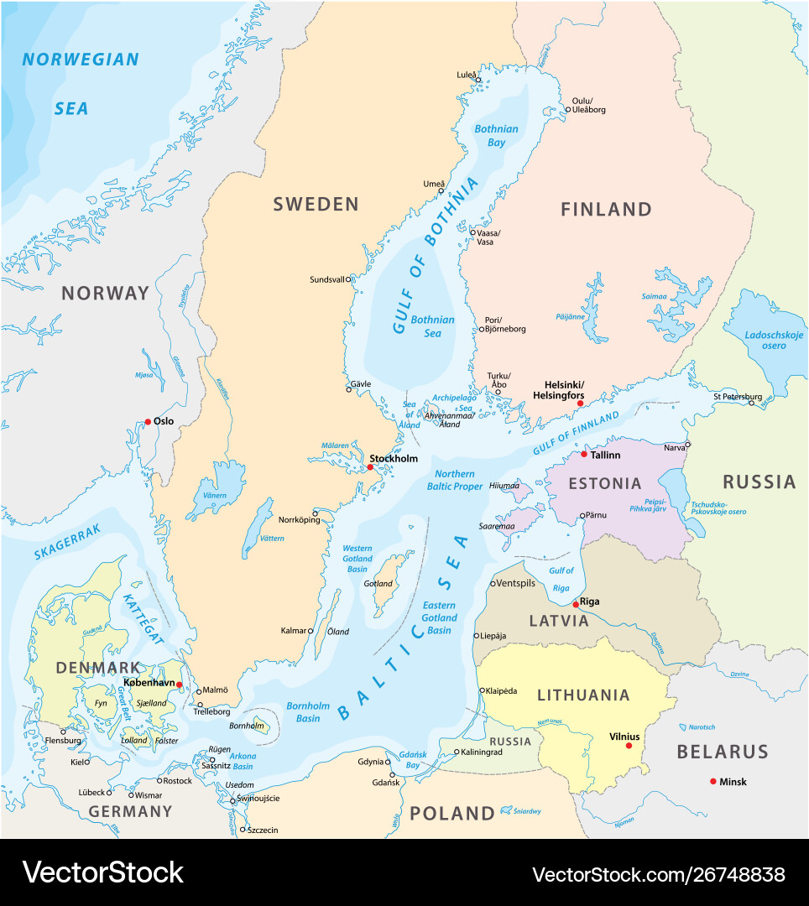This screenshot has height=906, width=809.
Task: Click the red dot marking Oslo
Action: point(148,422)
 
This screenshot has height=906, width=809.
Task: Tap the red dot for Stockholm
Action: point(369,467)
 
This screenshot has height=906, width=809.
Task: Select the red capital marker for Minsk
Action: point(713,782)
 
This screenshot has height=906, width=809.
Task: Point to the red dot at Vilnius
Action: point(629,746)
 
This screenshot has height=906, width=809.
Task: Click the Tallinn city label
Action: point(606,455)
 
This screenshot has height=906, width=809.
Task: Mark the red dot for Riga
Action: point(575,604)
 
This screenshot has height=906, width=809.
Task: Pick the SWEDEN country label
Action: point(316,204)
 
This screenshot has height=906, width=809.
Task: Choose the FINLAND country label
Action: point(606,209)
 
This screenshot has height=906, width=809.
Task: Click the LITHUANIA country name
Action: point(582,695)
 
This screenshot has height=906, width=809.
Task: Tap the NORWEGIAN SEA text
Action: point(80,83)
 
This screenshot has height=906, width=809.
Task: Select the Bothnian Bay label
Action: point(496,136)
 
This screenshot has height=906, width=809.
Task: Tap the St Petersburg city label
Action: point(738,396)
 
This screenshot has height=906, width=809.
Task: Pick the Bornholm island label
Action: point(246,726)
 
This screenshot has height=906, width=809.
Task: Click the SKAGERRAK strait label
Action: point(67,541)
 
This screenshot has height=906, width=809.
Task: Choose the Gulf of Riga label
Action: point(561,579)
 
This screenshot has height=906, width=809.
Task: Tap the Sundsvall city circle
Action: point(348,279)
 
